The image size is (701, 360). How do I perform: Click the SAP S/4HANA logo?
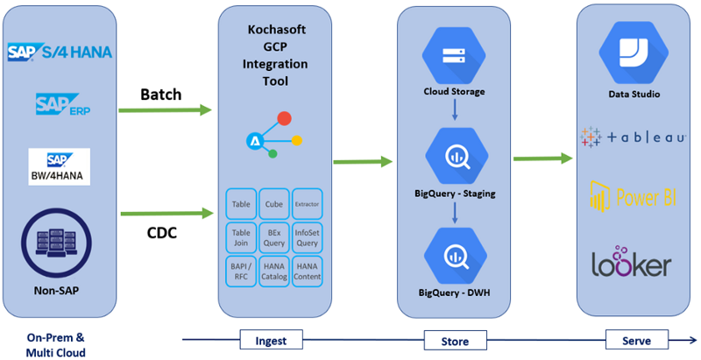60,52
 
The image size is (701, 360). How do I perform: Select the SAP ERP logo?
63,104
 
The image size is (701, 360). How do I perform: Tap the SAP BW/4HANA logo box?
59,166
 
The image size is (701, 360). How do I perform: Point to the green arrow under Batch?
165,109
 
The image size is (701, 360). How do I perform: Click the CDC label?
162,232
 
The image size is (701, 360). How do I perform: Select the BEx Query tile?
274,237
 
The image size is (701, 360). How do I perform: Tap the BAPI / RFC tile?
241,272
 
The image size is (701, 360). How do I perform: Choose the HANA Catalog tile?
274,272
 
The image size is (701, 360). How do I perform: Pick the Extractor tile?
308,204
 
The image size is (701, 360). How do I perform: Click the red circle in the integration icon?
284,118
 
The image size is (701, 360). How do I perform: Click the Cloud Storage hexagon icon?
454,56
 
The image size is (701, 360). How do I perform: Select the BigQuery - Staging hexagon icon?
457,156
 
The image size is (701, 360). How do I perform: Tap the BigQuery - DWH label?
454,293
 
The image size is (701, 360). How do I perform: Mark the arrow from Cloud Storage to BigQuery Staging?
455,109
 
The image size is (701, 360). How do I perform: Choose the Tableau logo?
633,137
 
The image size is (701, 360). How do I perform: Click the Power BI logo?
633,196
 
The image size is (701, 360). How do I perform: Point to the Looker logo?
632,261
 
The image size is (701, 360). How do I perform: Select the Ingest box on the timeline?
272,340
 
